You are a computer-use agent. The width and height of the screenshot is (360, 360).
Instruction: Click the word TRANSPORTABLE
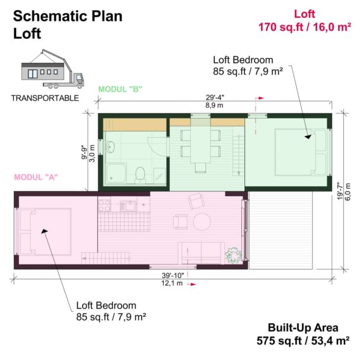[x=44, y=98]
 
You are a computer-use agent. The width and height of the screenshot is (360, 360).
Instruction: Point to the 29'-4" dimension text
[x=215, y=98]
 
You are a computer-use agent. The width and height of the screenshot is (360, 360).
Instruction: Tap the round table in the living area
[x=202, y=222]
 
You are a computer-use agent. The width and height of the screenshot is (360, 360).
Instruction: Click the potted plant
[x=233, y=255]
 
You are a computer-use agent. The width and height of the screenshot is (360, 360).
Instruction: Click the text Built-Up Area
[x=302, y=327]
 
